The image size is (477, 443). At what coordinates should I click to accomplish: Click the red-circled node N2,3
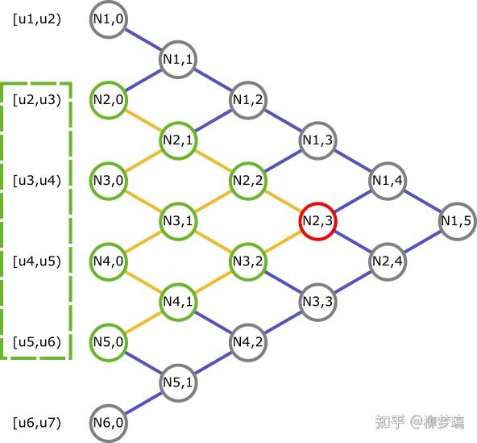317,221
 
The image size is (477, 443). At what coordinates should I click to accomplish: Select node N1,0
108,19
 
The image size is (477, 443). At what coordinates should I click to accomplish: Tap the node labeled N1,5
457,221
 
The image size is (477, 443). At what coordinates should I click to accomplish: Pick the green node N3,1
178,221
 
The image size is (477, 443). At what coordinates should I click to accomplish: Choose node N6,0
108,423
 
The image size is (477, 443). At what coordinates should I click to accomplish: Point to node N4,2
248,342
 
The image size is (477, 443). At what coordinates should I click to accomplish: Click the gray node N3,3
317,302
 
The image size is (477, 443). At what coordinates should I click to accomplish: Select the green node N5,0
108,342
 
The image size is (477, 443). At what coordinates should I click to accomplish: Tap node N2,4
388,261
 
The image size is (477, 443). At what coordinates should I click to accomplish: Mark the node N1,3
317,140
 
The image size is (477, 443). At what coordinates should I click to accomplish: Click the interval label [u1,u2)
37,19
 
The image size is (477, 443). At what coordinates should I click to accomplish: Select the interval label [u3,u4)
37,181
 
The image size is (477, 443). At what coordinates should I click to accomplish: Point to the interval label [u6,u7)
37,423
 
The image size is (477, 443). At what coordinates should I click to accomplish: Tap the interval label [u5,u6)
37,342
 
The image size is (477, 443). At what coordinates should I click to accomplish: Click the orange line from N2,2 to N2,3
283,201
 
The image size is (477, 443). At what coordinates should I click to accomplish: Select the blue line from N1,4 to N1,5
422,201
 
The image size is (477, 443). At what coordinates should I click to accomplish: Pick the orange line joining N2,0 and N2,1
143,120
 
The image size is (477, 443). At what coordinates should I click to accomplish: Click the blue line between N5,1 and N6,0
143,403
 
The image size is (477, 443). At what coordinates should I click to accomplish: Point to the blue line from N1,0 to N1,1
143,40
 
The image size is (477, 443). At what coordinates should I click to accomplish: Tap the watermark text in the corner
420,422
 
